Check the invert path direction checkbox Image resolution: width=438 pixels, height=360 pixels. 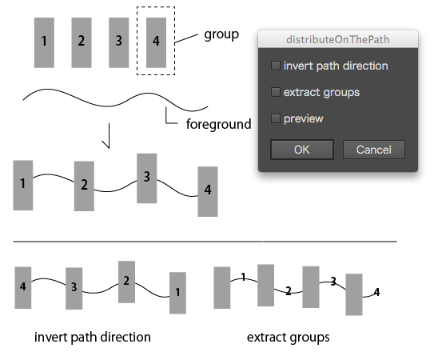[276, 66]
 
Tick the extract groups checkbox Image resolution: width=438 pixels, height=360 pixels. [276, 92]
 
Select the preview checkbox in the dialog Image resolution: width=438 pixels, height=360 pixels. [276, 118]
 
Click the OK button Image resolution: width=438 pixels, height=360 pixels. [302, 150]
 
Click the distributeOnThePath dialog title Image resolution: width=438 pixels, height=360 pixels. [338, 39]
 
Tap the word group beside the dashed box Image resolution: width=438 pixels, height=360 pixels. [221, 35]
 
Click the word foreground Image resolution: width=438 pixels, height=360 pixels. [219, 124]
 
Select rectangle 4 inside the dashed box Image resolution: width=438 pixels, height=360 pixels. [156, 42]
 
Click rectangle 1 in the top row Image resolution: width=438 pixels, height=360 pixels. [44, 42]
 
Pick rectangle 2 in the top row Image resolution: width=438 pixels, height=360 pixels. [82, 42]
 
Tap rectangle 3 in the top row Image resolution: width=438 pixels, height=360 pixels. [119, 42]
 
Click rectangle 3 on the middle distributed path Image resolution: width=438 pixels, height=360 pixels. [146, 178]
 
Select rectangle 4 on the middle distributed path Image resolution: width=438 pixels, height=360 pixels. [208, 191]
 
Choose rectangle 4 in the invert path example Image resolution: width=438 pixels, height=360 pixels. [23, 288]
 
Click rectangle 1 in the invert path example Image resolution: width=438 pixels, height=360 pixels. [177, 293]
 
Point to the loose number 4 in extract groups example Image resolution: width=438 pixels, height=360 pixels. [376, 292]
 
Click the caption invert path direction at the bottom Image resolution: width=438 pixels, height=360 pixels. [93, 337]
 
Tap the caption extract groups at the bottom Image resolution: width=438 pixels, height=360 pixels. [288, 338]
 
